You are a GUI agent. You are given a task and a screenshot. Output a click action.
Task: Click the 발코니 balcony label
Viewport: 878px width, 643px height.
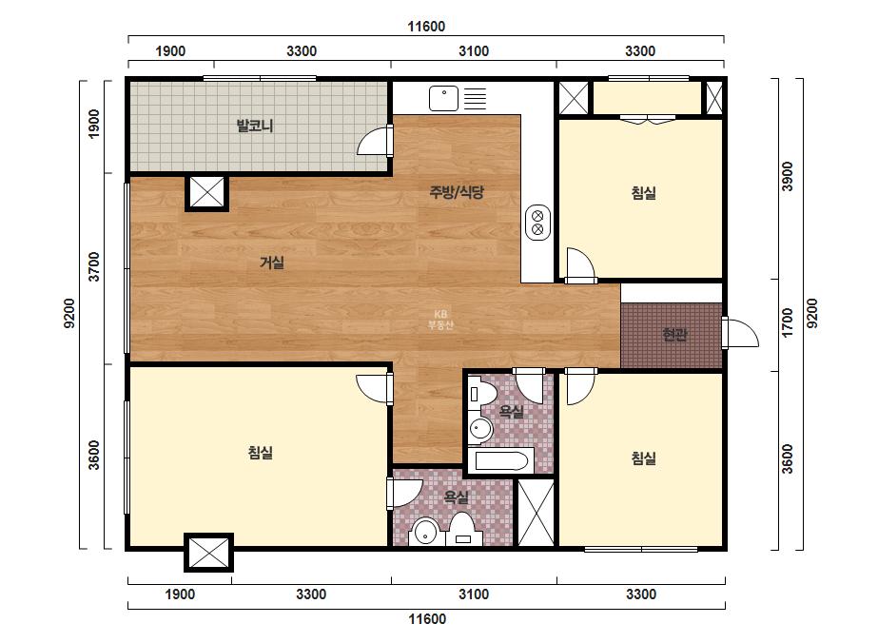[x=255, y=126]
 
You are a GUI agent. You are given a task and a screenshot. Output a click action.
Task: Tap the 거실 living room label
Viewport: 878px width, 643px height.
[x=272, y=263]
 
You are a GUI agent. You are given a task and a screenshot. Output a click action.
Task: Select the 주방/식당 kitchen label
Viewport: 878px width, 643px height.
[x=457, y=193]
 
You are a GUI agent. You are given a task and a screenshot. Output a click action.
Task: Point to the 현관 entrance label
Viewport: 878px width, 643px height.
[x=674, y=335]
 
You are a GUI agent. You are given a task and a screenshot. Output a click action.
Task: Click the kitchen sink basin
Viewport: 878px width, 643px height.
[x=443, y=99]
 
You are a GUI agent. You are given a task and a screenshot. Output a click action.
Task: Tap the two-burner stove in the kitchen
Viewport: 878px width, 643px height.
[x=537, y=223]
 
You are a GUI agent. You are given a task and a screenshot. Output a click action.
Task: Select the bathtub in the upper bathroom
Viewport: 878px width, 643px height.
[x=501, y=461]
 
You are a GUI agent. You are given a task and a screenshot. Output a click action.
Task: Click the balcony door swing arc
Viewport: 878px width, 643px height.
[x=372, y=141]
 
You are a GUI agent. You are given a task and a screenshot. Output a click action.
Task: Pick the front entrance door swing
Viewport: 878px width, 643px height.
[x=740, y=333]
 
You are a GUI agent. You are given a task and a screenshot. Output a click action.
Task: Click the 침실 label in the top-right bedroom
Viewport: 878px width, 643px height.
[x=644, y=193]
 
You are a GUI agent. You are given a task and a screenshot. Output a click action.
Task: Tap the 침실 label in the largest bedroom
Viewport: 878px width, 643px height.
[x=261, y=453]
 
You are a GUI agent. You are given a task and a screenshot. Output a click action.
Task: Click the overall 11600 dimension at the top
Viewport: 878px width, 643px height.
[x=426, y=27]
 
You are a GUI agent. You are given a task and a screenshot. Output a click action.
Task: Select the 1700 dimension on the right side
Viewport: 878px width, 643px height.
[x=788, y=323]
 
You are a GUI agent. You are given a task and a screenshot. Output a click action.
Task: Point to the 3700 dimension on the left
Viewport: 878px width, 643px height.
[x=94, y=267]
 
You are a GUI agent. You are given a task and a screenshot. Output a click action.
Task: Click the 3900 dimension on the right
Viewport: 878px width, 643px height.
[x=788, y=177]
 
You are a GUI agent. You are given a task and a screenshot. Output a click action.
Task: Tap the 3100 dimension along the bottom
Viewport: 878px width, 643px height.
[x=474, y=594]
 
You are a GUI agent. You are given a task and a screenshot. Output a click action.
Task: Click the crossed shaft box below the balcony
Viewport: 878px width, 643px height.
[x=207, y=193]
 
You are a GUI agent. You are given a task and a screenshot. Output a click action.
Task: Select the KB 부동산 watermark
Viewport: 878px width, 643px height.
[x=440, y=320]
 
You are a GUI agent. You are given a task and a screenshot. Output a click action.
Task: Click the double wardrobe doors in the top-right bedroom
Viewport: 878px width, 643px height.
[x=649, y=119]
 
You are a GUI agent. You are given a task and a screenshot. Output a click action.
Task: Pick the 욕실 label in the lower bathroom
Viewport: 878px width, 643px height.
[x=457, y=497]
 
